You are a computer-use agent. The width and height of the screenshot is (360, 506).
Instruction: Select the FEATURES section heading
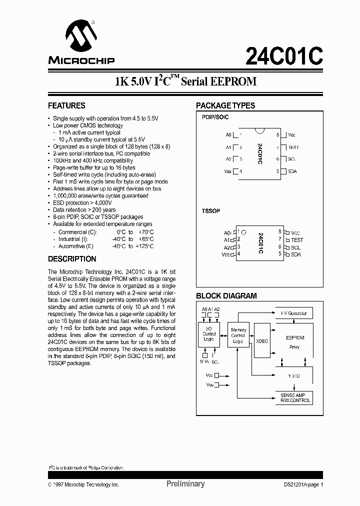point(66,106)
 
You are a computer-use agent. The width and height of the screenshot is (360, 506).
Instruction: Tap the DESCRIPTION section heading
point(72,259)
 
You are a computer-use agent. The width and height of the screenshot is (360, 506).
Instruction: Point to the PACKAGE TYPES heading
point(225,106)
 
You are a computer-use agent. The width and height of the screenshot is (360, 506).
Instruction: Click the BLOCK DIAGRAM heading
point(226,296)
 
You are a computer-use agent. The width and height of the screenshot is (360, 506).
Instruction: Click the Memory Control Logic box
point(238,336)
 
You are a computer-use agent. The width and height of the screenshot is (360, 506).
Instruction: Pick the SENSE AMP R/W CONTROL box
point(293,398)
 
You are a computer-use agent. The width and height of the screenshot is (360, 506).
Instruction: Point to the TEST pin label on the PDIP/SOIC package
point(293,147)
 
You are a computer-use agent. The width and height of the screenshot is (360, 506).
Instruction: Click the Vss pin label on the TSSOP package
point(226,254)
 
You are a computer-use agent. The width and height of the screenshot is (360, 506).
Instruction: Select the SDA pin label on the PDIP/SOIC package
point(292,171)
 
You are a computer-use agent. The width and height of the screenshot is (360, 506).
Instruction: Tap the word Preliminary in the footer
point(185,484)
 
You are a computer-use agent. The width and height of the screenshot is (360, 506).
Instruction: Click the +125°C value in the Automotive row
point(144,246)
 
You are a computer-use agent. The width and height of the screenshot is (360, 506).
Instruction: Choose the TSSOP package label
point(211,211)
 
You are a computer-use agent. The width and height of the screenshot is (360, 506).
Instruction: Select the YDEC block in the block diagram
point(294,375)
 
